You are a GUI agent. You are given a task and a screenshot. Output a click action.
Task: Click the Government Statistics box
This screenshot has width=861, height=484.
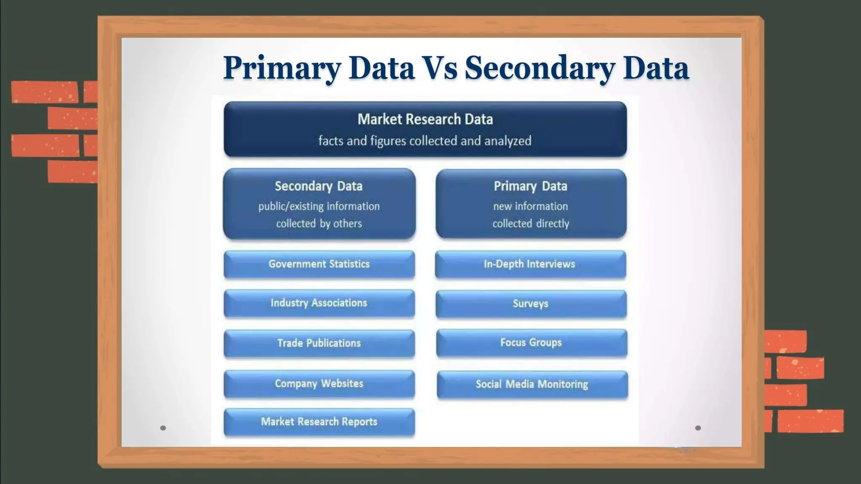[x=319, y=264]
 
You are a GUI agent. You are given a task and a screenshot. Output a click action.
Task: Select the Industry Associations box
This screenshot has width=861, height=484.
[x=319, y=303]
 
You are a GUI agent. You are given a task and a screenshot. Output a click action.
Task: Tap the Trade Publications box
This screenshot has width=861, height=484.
[x=319, y=343]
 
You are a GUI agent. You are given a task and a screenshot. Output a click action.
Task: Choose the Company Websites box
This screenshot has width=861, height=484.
[x=319, y=384]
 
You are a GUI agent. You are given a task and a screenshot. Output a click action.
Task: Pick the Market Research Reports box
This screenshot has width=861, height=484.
[x=319, y=422]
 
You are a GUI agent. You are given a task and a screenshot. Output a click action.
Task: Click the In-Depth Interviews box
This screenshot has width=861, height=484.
[x=530, y=264]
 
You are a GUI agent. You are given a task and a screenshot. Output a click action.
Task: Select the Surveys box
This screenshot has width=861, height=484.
[x=531, y=304]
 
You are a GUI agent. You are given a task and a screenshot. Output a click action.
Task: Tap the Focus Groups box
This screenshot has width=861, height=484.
[x=531, y=343]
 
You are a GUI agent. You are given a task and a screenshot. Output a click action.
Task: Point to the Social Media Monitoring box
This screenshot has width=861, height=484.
[x=532, y=384]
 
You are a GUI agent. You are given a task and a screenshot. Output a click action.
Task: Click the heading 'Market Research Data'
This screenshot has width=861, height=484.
[x=425, y=119]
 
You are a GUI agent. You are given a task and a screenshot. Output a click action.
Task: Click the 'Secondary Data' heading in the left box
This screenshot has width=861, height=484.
[x=319, y=186]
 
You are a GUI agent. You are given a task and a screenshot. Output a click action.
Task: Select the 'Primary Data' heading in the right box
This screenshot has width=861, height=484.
[x=531, y=186]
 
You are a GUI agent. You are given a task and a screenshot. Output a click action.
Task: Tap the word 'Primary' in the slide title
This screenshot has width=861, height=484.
[x=282, y=68]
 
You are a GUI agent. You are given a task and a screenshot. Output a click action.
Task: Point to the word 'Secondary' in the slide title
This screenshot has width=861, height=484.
[x=540, y=68]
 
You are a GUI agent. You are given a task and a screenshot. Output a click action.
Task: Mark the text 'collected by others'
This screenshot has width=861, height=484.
[x=319, y=224]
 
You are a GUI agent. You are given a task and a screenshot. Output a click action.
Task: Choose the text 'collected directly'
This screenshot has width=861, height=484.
[x=531, y=224]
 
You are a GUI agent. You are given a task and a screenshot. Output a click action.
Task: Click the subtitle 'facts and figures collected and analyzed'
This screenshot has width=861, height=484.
[x=425, y=141]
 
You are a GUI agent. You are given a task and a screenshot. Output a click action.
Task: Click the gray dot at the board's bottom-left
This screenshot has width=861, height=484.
[x=163, y=428]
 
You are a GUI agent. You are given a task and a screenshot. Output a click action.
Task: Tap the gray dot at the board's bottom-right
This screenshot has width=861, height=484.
[x=698, y=428]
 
